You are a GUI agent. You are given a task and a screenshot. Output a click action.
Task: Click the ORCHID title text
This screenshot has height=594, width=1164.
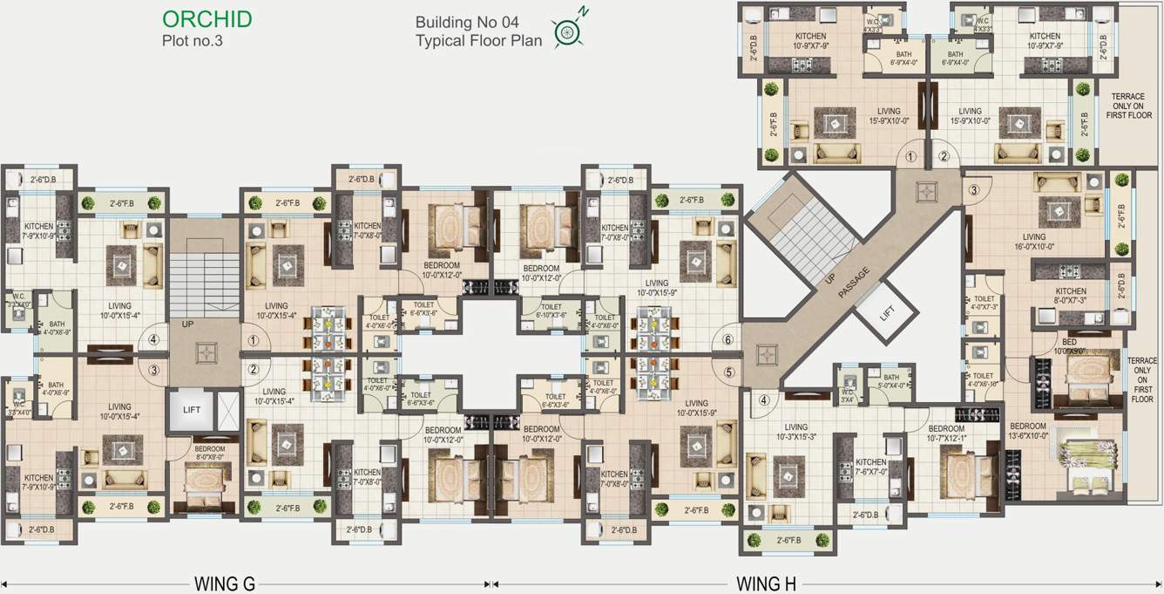click(x=207, y=18)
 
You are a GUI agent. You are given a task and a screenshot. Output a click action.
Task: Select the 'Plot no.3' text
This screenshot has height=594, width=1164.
click(x=193, y=40)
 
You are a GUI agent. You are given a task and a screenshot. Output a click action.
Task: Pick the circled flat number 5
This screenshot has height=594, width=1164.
click(x=729, y=372)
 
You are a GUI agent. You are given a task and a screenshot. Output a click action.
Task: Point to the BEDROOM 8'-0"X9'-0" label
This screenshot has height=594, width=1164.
click(x=209, y=453)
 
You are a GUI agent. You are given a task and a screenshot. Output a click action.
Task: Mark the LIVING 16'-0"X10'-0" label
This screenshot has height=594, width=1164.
click(x=1034, y=242)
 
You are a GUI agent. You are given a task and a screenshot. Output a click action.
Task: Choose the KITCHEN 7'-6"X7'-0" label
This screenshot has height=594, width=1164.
click(x=870, y=468)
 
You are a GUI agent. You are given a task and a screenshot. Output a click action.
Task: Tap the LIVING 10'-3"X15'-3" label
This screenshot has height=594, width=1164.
click(x=795, y=433)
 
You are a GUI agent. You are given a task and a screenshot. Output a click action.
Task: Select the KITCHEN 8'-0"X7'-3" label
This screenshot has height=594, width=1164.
click(x=1071, y=296)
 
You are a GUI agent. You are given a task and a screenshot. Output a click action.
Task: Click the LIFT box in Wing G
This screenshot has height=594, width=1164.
click(x=192, y=410)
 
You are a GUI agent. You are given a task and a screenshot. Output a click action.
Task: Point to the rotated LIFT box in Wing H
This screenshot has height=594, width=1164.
click(x=886, y=311)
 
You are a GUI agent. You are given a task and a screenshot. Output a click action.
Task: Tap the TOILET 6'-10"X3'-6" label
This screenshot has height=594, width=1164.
click(x=551, y=311)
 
